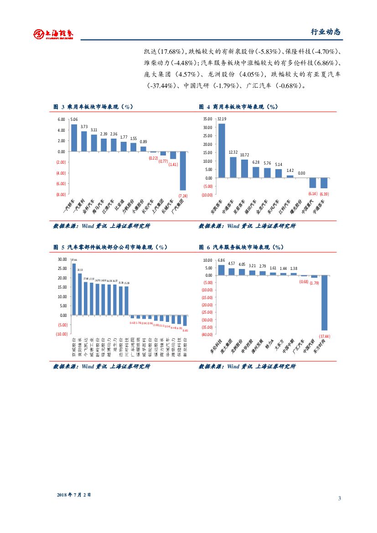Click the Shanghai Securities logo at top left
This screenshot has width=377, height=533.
pyautogui.click(x=53, y=34)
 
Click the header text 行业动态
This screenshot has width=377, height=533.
pyautogui.click(x=325, y=32)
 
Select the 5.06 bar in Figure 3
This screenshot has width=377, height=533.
pyautogui.click(x=74, y=138)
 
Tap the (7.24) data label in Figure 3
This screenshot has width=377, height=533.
pyautogui.click(x=183, y=196)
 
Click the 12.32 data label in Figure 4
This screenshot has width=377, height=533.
pyautogui.click(x=233, y=152)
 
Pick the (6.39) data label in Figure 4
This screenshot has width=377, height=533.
pyautogui.click(x=324, y=194)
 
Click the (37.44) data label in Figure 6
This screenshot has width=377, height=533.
pyautogui.click(x=324, y=336)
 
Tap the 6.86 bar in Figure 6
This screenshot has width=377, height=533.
pyautogui.click(x=222, y=270)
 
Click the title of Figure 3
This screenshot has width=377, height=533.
pyautogui.click(x=93, y=107)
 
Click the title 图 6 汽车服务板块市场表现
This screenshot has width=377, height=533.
pyautogui.click(x=241, y=247)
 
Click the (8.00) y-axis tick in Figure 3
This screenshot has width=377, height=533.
pyautogui.click(x=61, y=195)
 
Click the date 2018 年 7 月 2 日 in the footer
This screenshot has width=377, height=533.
pyautogui.click(x=74, y=494)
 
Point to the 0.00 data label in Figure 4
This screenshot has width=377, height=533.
pyautogui.click(x=301, y=173)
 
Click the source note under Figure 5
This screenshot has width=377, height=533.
pyautogui.click(x=102, y=366)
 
